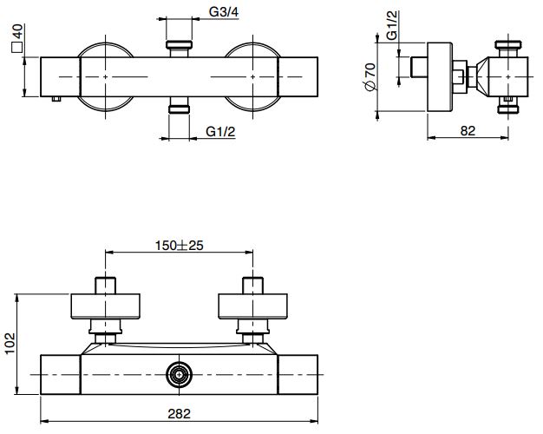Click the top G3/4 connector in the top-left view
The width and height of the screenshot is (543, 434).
[x=180, y=44]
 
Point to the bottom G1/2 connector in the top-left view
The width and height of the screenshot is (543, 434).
[x=180, y=108]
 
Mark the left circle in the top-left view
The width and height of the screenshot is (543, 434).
[x=106, y=76]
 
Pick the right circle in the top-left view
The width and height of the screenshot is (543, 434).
[x=253, y=76]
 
